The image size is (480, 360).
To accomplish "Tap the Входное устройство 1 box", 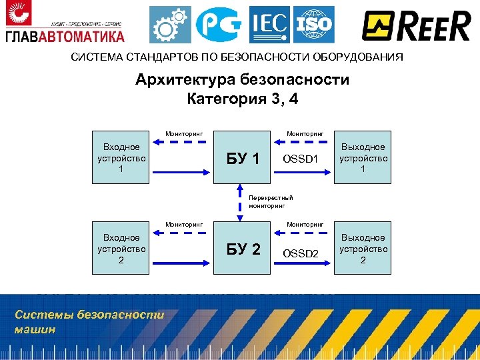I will pos(121,159).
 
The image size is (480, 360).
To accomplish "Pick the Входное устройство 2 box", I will pos(121,249).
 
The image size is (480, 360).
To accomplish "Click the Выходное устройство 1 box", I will pos(363,159).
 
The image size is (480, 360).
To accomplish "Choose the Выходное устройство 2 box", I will pos(363,249).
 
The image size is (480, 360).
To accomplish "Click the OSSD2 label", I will pos(301,253).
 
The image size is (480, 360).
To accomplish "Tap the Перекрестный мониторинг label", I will pos(271,202).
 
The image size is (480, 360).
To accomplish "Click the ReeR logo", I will pos(417,26).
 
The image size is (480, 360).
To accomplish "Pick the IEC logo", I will pos(269,25).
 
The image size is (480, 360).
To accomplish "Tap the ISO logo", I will pos(313,25).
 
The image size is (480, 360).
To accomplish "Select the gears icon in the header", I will pos(170,25).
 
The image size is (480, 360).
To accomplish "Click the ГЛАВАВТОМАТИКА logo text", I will pos(65,36).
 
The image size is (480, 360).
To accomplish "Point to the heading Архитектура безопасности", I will pos(242,81).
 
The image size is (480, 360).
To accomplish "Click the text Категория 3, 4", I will pos(242,100).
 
